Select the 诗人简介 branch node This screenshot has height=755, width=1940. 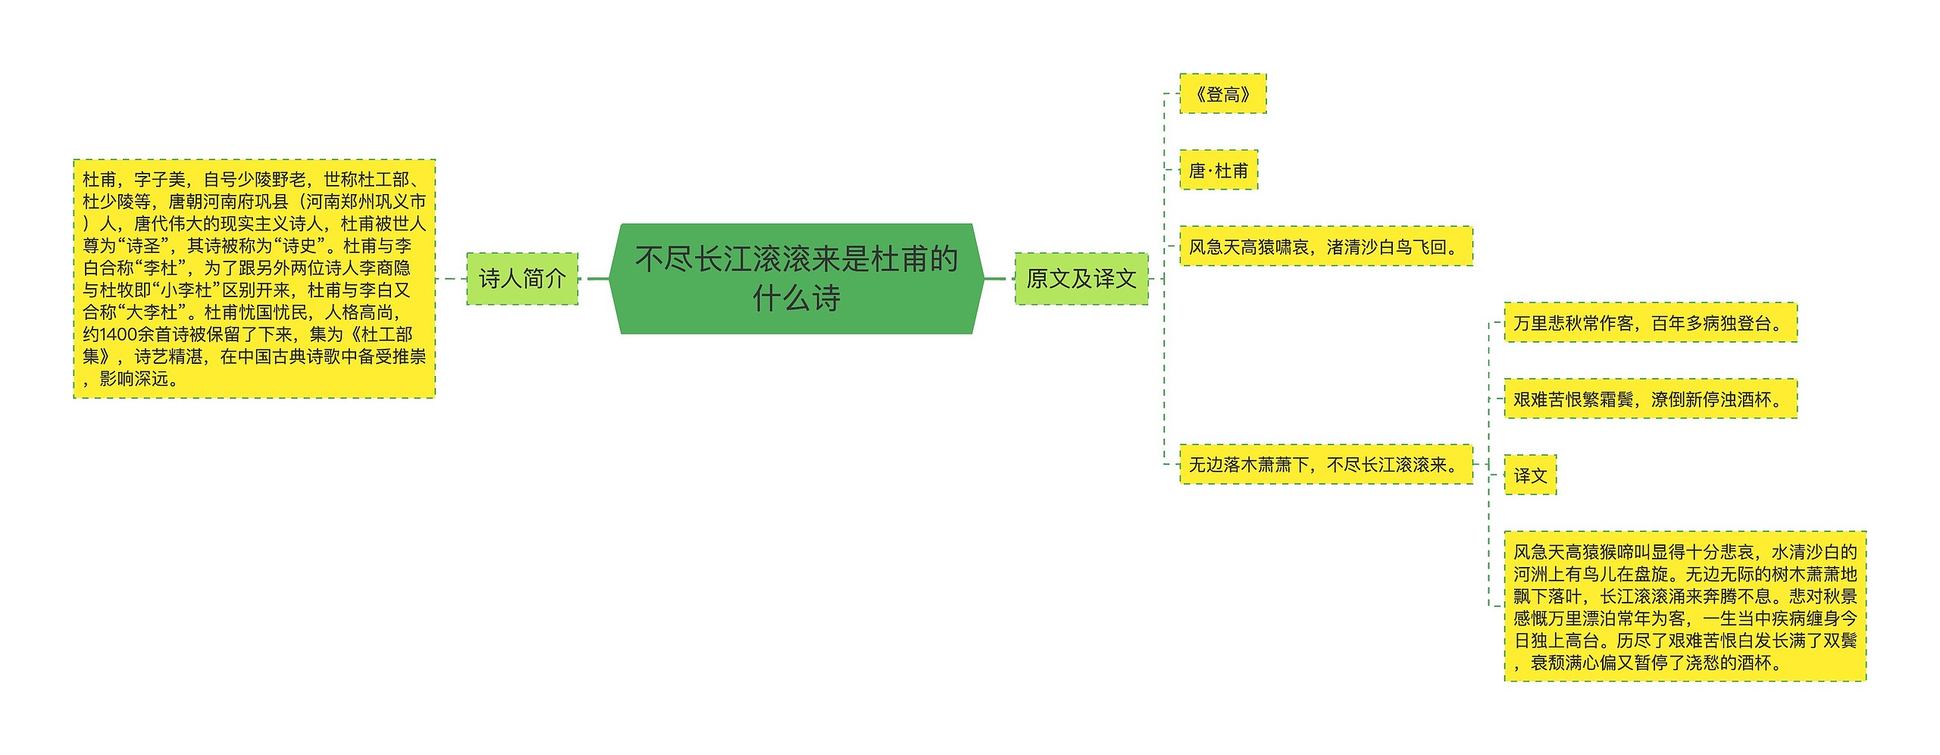coord(521,279)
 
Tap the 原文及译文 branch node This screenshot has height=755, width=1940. coord(1081,279)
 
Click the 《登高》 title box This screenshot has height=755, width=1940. coord(1222,94)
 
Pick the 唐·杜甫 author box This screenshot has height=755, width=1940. coord(1218,171)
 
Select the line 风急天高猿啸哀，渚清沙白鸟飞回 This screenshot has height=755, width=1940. coord(1325,246)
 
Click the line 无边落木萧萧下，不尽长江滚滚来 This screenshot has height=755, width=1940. coord(1325,465)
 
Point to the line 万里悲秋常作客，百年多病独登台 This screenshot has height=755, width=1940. coord(1650,323)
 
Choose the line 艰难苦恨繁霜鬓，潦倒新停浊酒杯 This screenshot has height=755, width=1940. coord(1650,399)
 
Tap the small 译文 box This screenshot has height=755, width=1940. coord(1530,475)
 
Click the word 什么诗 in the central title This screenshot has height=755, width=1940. coord(796,299)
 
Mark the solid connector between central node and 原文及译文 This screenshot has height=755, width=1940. coord(994,278)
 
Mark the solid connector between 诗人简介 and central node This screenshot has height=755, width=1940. coord(598,278)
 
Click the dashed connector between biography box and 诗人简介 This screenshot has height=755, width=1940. coord(451,279)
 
